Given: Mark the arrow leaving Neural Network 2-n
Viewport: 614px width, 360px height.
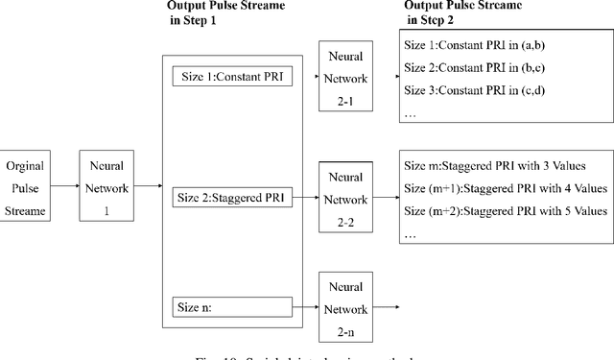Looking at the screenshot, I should point(383,307).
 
